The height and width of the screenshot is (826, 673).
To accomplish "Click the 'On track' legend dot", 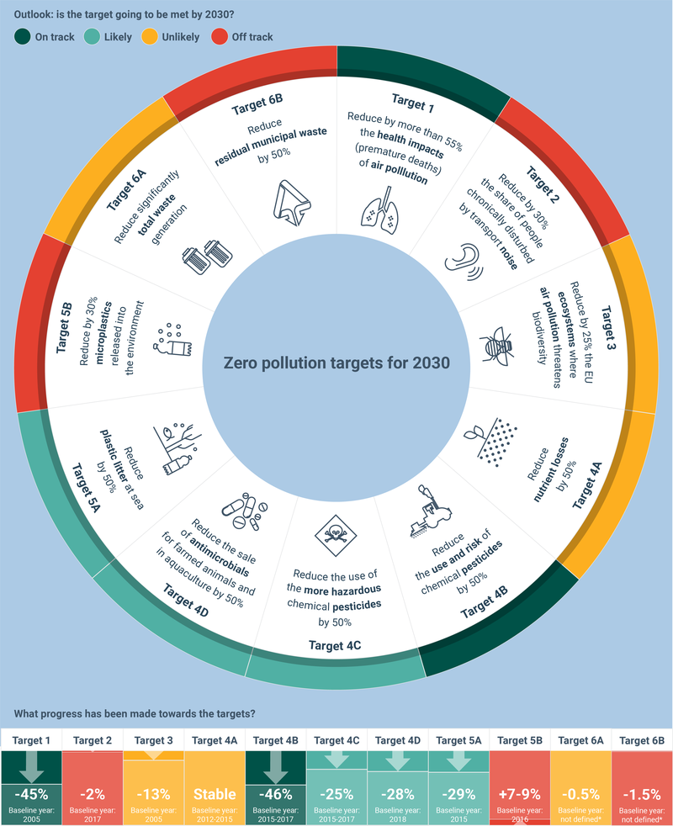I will click(x=22, y=37).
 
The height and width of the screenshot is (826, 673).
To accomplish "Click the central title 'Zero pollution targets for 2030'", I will click(x=336, y=363).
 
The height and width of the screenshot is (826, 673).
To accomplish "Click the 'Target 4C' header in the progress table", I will click(x=336, y=739).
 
